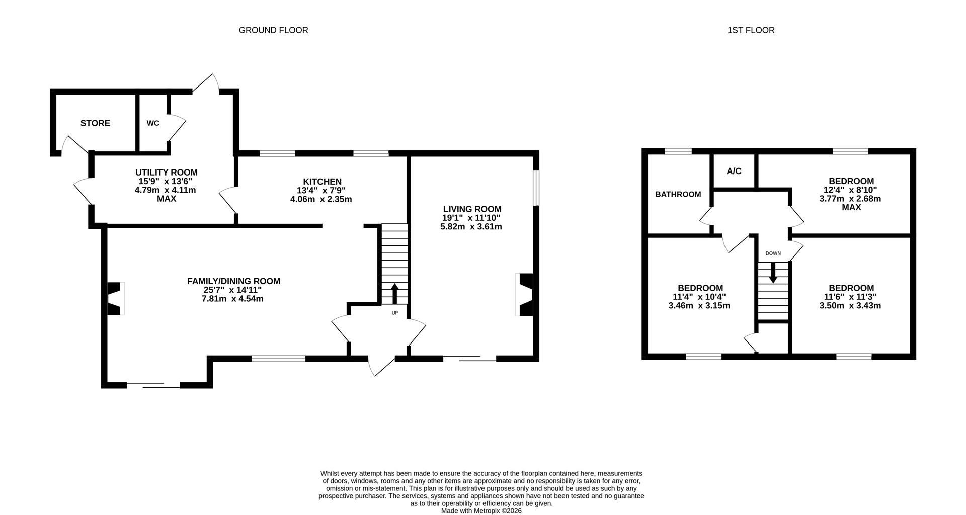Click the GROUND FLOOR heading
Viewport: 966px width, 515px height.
(273, 30)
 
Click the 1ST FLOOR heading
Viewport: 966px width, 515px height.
(751, 30)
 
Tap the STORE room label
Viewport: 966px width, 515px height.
(95, 123)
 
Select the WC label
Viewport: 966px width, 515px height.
(153, 123)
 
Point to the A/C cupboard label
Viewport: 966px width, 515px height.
(734, 171)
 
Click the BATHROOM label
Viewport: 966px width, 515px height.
(678, 194)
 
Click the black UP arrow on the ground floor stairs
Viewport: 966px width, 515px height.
(394, 294)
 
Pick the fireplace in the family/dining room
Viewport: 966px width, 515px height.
(116, 298)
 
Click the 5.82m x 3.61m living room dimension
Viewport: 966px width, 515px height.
(471, 226)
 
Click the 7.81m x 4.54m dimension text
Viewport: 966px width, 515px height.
(233, 299)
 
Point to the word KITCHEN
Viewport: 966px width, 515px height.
(322, 182)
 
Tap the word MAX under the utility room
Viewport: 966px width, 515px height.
(166, 199)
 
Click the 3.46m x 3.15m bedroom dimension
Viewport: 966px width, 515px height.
(699, 305)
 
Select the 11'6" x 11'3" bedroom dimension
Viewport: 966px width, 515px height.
(851, 297)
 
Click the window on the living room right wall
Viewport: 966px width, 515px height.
(536, 188)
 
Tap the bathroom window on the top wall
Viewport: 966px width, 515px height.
(678, 151)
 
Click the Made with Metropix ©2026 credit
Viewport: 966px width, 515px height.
(481, 510)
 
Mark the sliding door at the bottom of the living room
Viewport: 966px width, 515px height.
(470, 358)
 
